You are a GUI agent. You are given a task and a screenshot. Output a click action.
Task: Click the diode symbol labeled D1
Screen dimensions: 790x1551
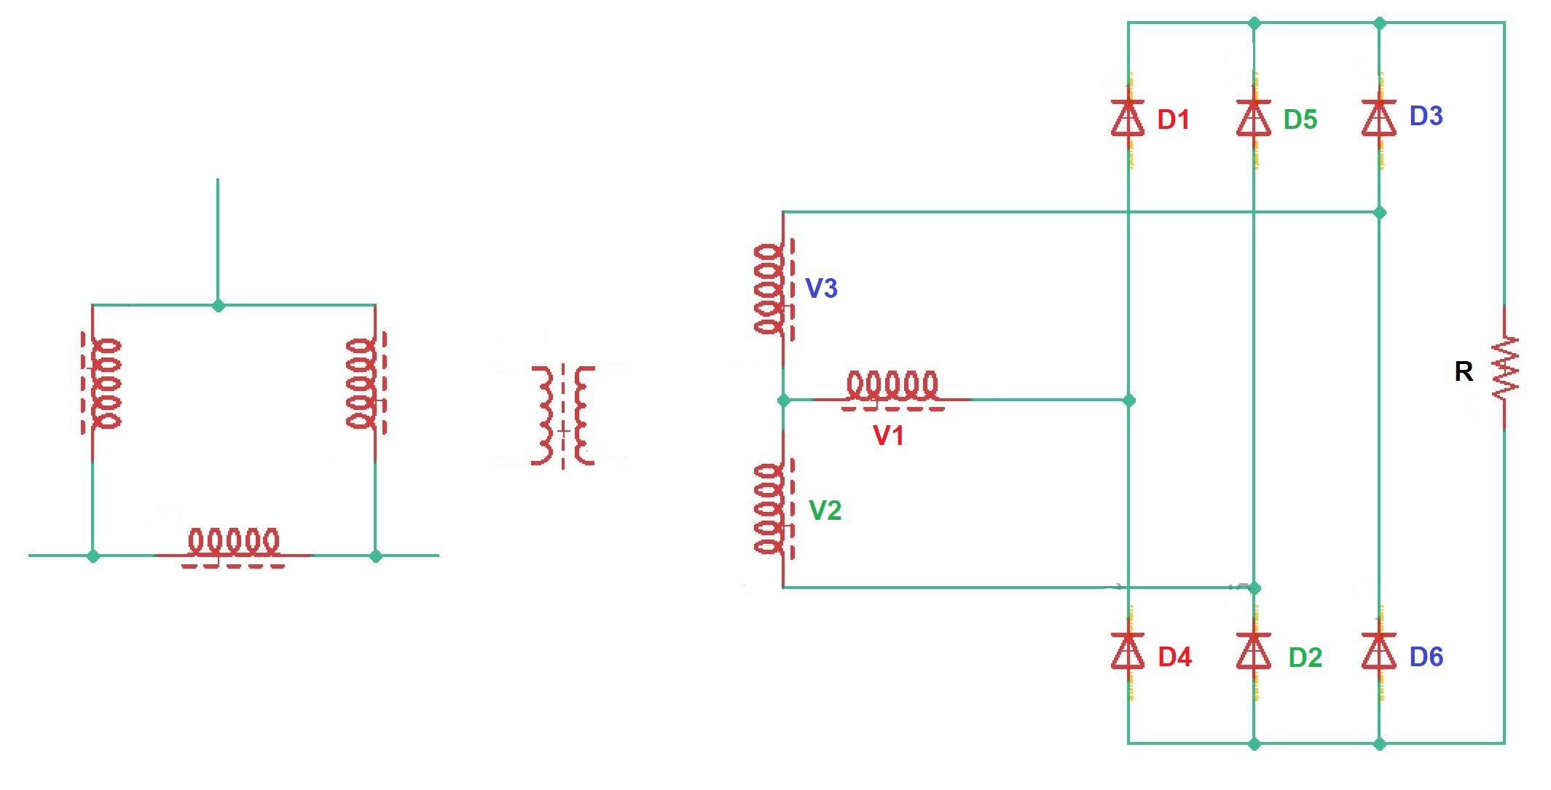pyautogui.click(x=1128, y=119)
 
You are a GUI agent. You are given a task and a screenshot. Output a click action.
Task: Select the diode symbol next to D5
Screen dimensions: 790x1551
pyautogui.click(x=1253, y=119)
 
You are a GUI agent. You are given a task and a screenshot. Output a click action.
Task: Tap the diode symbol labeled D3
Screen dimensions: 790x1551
pyautogui.click(x=1378, y=119)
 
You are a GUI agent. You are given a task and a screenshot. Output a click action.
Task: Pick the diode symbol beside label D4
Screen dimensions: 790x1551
pyautogui.click(x=1128, y=651)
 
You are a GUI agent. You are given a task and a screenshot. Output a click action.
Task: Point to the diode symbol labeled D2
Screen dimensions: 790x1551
pyautogui.click(x=1253, y=651)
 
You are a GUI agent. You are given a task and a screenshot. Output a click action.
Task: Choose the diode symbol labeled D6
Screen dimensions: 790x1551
pyautogui.click(x=1378, y=651)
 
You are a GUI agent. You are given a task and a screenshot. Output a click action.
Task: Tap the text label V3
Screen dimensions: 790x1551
pyautogui.click(x=821, y=288)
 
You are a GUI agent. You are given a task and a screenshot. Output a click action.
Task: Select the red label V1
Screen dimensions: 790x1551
pyautogui.click(x=888, y=435)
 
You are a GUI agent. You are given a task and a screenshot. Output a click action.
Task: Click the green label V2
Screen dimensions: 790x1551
pyautogui.click(x=825, y=510)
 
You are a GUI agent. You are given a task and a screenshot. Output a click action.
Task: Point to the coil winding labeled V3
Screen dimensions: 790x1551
pyautogui.click(x=771, y=289)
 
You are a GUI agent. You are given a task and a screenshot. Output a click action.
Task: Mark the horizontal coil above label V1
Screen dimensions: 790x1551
pyautogui.click(x=892, y=389)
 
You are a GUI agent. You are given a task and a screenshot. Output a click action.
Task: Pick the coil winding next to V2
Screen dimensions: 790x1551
pyautogui.click(x=771, y=509)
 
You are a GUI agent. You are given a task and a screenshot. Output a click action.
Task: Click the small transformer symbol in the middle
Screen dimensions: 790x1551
pyautogui.click(x=563, y=416)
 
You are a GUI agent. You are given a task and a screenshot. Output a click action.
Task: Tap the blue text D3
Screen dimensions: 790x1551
pyautogui.click(x=1426, y=116)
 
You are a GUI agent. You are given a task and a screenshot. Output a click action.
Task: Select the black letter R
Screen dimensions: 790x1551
pyautogui.click(x=1463, y=372)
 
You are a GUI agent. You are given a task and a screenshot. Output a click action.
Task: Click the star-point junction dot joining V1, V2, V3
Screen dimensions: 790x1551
pyautogui.click(x=783, y=400)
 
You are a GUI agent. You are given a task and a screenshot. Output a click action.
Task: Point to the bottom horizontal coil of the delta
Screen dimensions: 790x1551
pyautogui.click(x=233, y=546)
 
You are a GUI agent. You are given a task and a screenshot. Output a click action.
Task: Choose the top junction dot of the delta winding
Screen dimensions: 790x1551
pyautogui.click(x=218, y=306)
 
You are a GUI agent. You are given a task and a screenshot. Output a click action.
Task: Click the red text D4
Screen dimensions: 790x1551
pyautogui.click(x=1174, y=657)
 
